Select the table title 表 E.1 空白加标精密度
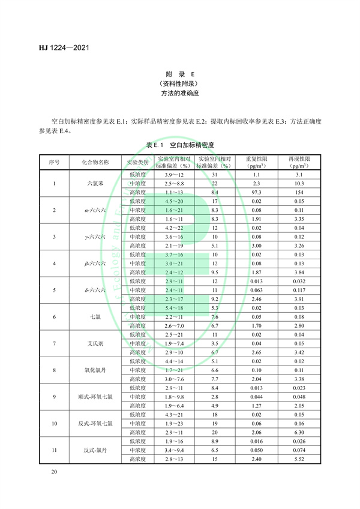[x=180, y=145]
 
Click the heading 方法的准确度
[x=180, y=95]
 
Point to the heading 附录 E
[x=180, y=74]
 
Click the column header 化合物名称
[x=91, y=162]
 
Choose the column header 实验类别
[x=137, y=162]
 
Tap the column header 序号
[x=55, y=162]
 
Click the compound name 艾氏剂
[x=91, y=343]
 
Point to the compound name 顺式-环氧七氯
[x=91, y=397]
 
